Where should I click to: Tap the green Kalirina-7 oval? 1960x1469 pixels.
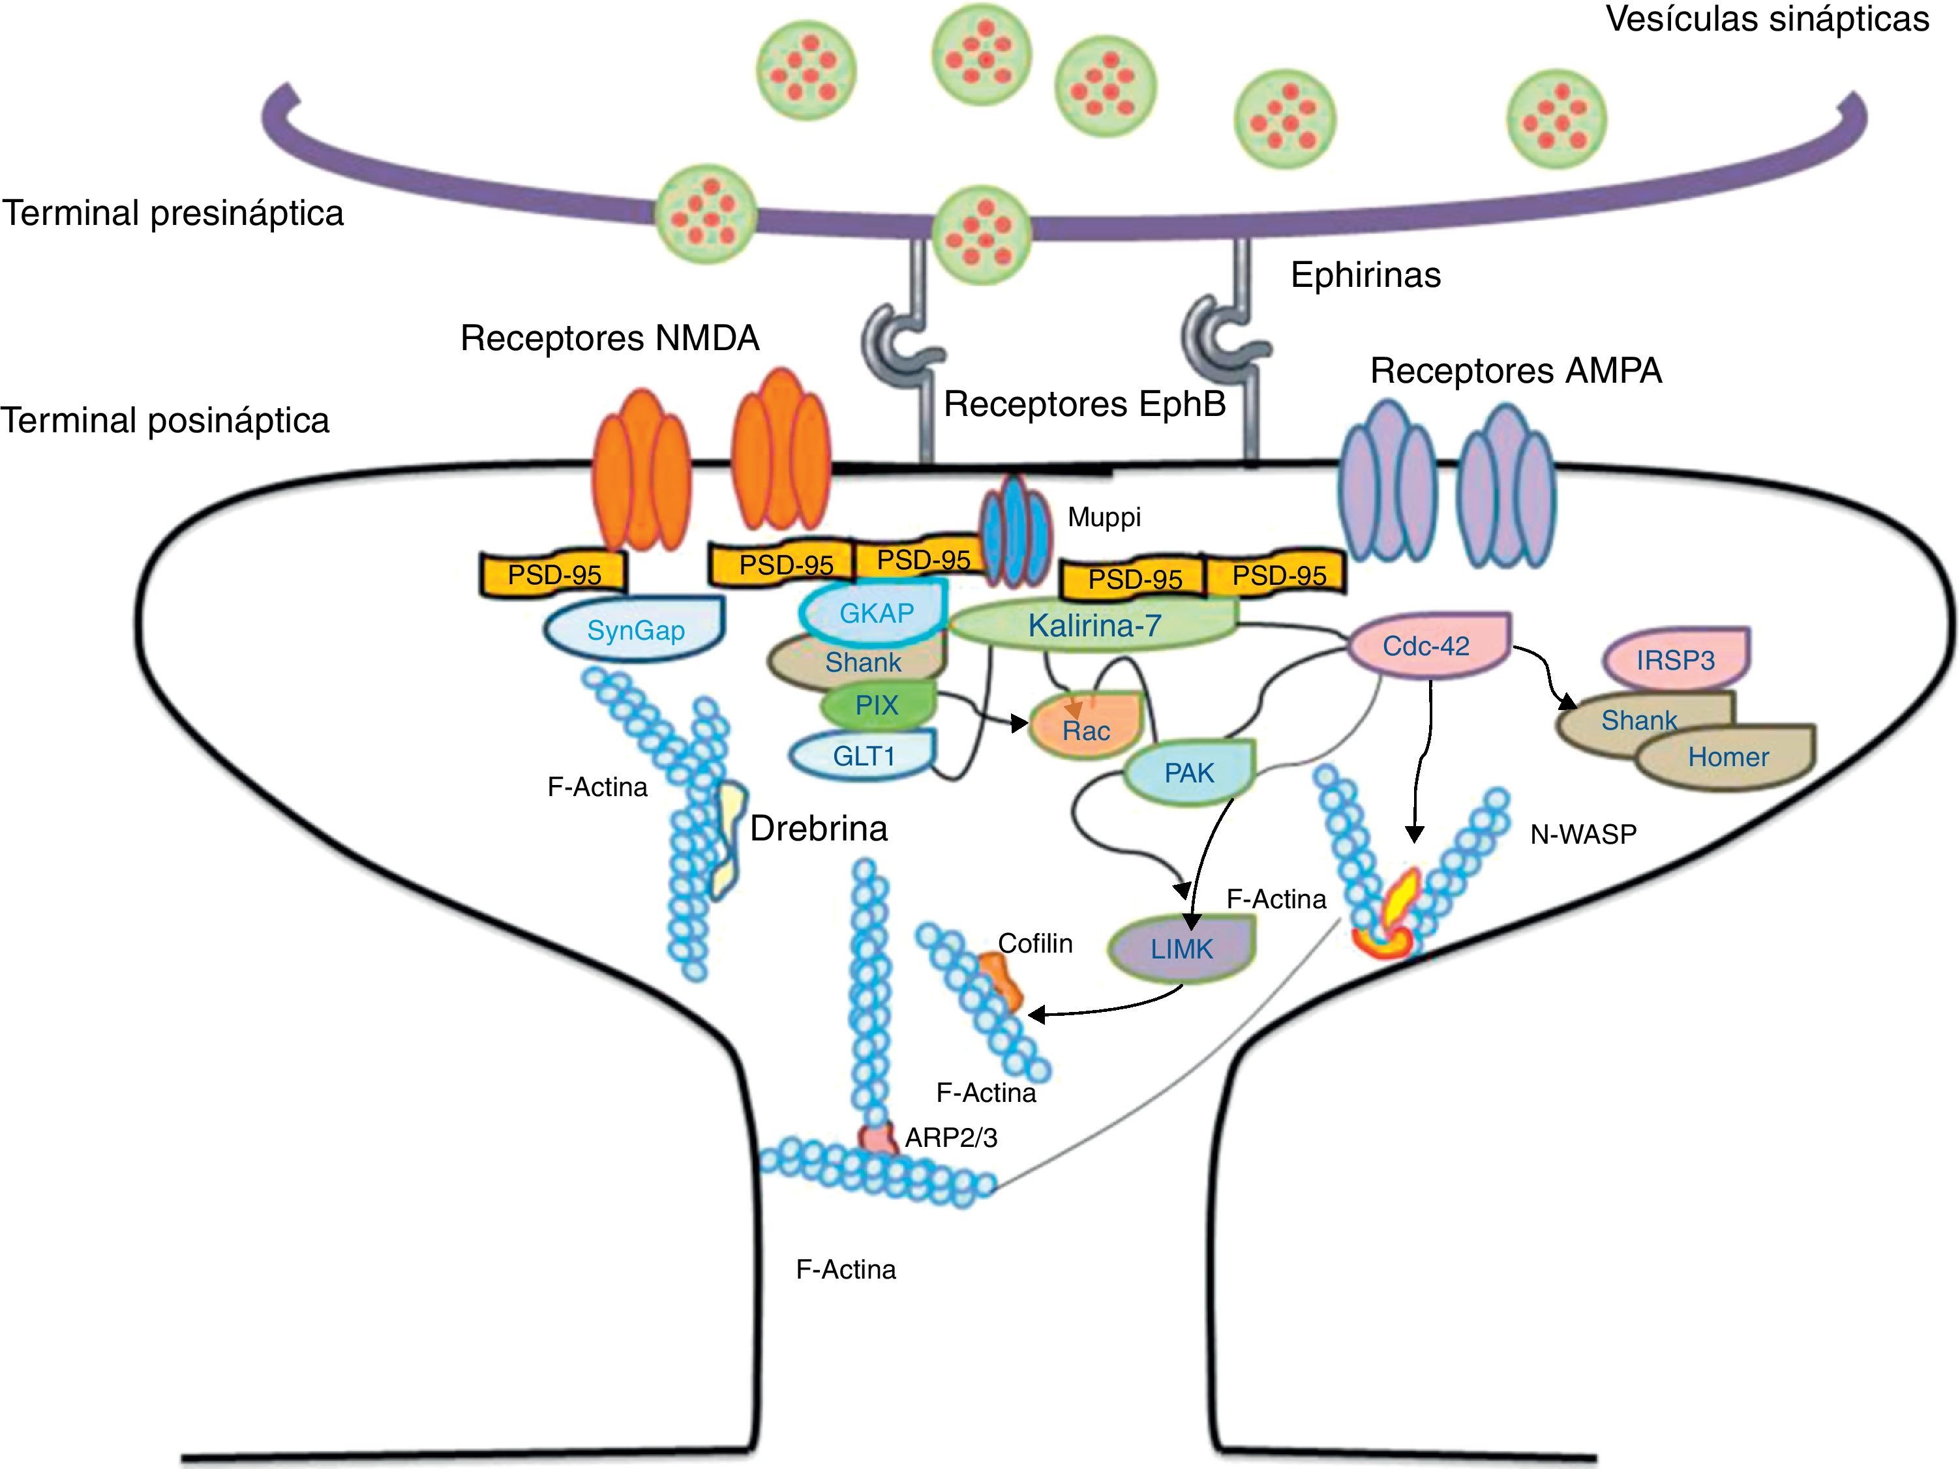[x=1093, y=625]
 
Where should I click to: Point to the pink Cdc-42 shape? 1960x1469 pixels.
[x=1426, y=646]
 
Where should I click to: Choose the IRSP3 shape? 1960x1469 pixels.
[x=1675, y=659]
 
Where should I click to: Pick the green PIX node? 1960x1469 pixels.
[x=877, y=705]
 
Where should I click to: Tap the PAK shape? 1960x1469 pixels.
[x=1189, y=773]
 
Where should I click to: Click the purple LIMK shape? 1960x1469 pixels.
[x=1181, y=949]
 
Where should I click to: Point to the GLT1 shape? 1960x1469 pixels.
[x=863, y=756]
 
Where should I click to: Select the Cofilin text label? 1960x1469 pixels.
[x=1035, y=943]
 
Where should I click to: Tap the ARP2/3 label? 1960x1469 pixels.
[x=951, y=1136]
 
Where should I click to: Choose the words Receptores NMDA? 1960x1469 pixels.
[x=610, y=338]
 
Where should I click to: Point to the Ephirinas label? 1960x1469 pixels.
[x=1365, y=275]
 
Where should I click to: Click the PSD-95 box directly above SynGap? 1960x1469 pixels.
[x=554, y=574]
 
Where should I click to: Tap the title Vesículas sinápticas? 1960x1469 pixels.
[x=1767, y=19]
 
